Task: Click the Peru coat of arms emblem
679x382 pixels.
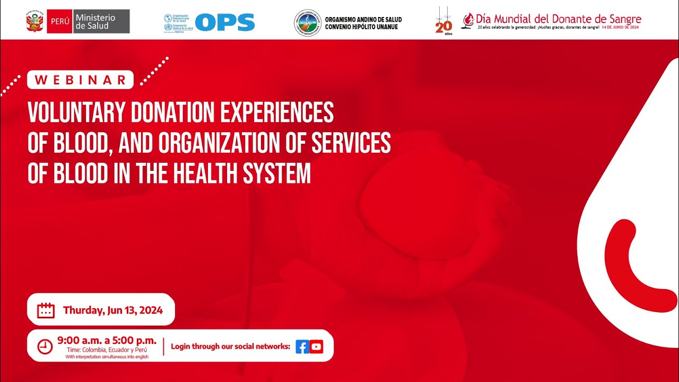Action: tap(34, 22)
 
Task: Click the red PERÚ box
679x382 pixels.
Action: tap(59, 22)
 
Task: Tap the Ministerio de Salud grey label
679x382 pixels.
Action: tap(101, 22)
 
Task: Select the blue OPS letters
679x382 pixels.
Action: tap(225, 22)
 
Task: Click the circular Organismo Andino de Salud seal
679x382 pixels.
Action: tap(308, 23)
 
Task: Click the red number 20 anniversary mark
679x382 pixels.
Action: tap(443, 27)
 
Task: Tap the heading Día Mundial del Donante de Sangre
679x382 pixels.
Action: tap(559, 19)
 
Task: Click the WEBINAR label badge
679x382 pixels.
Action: tap(81, 80)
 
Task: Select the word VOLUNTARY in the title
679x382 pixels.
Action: tap(74, 112)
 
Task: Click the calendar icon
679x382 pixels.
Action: tap(46, 310)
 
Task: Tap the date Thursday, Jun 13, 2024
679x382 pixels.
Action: tap(112, 310)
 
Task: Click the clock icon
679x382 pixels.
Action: tap(45, 346)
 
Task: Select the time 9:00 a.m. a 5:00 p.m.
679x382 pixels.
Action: tap(107, 340)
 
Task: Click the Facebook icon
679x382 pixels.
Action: tap(302, 347)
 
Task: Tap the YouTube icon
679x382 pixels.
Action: tap(317, 347)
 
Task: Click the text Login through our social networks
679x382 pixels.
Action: tap(230, 347)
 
